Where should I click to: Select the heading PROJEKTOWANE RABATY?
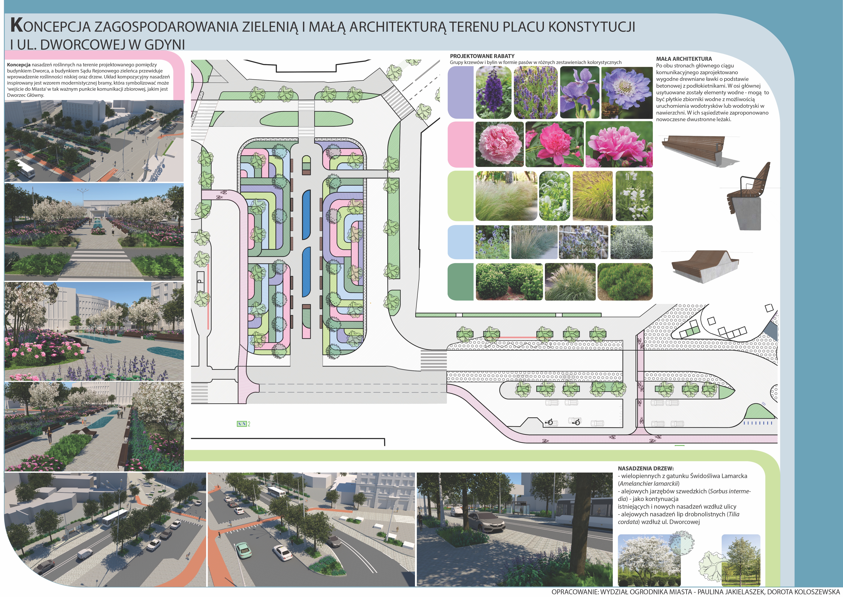(x=482, y=56)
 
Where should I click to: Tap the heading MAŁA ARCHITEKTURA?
(x=684, y=59)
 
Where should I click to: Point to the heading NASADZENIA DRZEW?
(x=646, y=469)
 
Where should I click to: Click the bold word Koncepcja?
(x=18, y=65)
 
